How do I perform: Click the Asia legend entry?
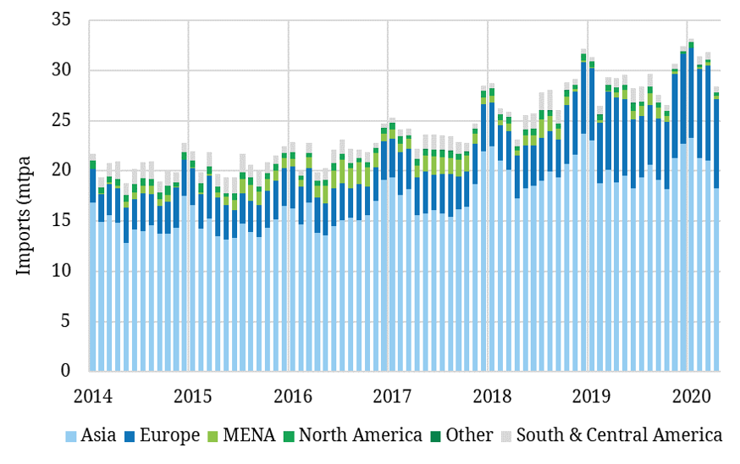(99, 435)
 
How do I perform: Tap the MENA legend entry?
(251, 435)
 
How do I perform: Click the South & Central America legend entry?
(619, 435)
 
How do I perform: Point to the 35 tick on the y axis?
(66, 19)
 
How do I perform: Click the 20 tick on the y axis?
(66, 170)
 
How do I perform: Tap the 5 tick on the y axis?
(71, 321)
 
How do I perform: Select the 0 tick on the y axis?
(71, 371)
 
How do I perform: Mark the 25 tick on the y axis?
(66, 120)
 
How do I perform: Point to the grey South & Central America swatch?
(506, 436)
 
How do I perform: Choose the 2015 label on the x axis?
(191, 395)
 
